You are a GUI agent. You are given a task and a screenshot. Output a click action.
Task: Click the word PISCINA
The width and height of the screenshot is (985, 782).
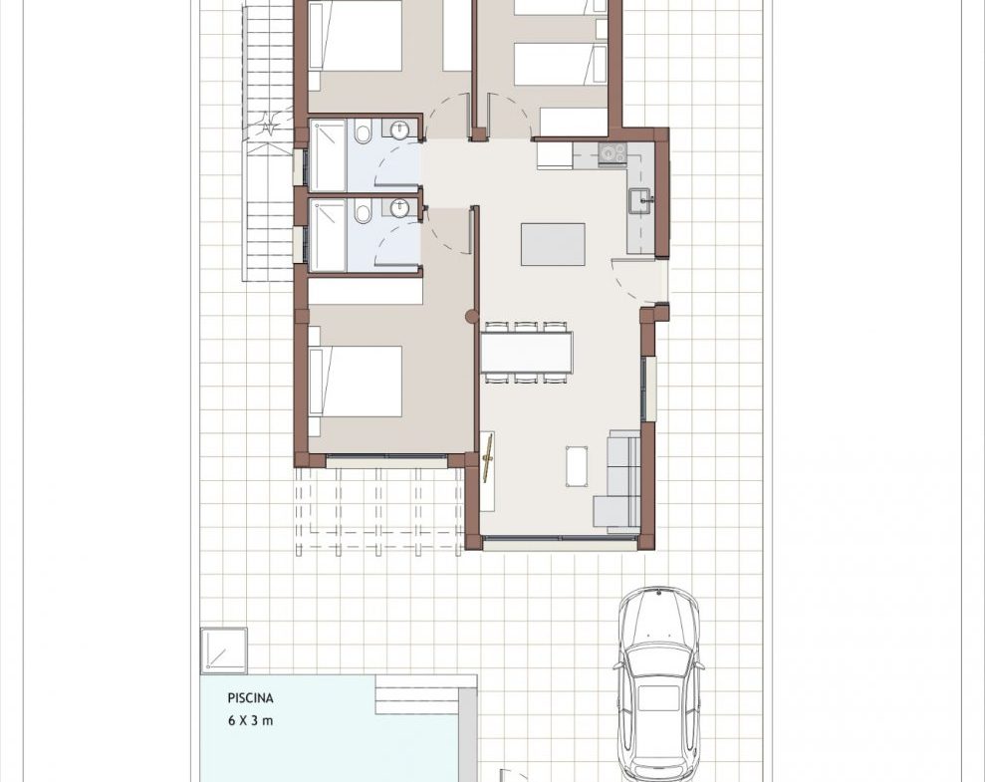point(251,698)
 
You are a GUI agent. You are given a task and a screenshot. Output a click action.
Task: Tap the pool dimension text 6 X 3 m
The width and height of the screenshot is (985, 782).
point(251,720)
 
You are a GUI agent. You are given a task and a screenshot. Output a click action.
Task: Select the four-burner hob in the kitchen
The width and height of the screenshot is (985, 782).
point(613,152)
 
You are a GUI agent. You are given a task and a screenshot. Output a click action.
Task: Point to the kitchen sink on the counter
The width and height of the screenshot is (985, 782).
point(641,200)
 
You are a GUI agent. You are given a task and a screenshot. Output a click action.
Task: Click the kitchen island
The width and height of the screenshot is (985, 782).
point(553,244)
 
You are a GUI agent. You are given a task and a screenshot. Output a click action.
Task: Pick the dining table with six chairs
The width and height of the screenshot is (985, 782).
point(527,353)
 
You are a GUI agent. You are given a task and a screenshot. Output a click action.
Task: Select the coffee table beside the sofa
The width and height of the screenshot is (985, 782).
point(577,466)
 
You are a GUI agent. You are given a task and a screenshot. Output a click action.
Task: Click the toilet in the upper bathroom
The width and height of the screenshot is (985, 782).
point(363,133)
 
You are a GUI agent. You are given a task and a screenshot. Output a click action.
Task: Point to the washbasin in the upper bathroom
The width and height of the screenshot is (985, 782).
point(399,130)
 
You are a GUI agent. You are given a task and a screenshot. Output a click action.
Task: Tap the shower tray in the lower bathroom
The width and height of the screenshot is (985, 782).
point(328,235)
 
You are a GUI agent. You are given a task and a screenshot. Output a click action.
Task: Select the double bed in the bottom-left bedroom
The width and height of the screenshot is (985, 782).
point(356,382)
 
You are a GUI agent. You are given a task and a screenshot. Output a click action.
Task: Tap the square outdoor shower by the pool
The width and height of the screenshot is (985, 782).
point(224,651)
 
